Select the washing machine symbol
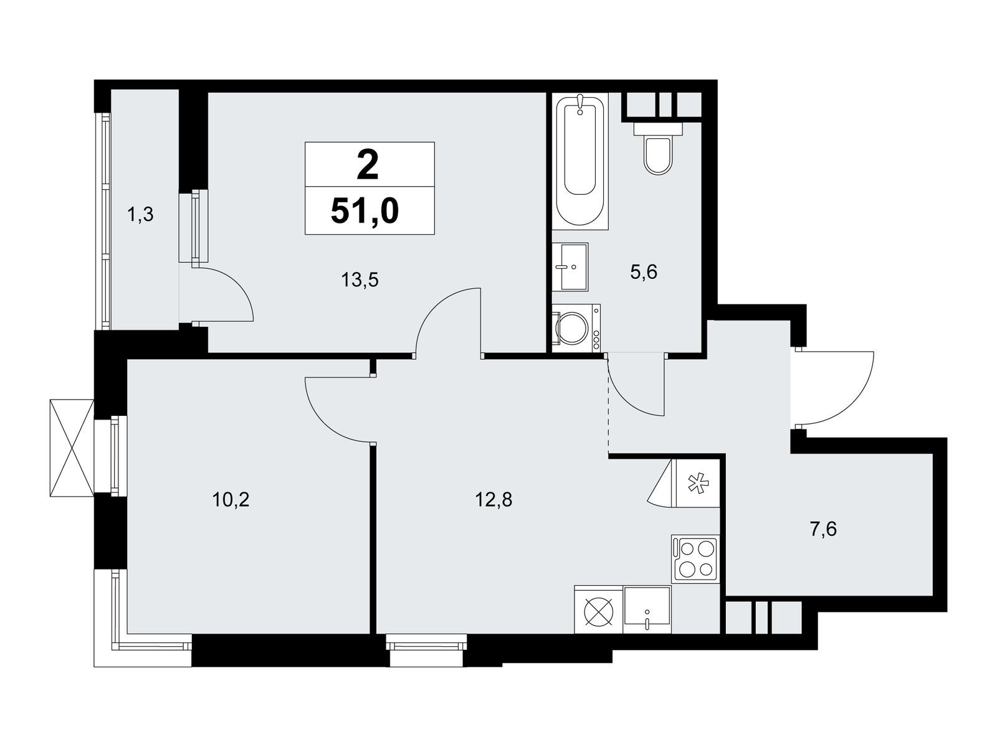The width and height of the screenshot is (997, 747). [x=576, y=327]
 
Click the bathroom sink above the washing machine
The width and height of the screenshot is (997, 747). [x=570, y=266]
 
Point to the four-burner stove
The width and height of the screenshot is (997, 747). [x=695, y=558]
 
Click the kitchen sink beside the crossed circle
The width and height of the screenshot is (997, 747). [x=647, y=609]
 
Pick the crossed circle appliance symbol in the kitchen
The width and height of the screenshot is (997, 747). [x=598, y=610]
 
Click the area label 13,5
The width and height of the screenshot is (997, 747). [x=360, y=280]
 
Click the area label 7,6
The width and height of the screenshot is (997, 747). [x=823, y=530]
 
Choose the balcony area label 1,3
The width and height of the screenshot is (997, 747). [x=140, y=215]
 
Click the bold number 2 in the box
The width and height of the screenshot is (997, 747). [x=368, y=166]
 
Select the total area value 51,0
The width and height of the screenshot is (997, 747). [x=365, y=212]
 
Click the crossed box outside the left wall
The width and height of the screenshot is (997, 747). [x=71, y=448]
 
